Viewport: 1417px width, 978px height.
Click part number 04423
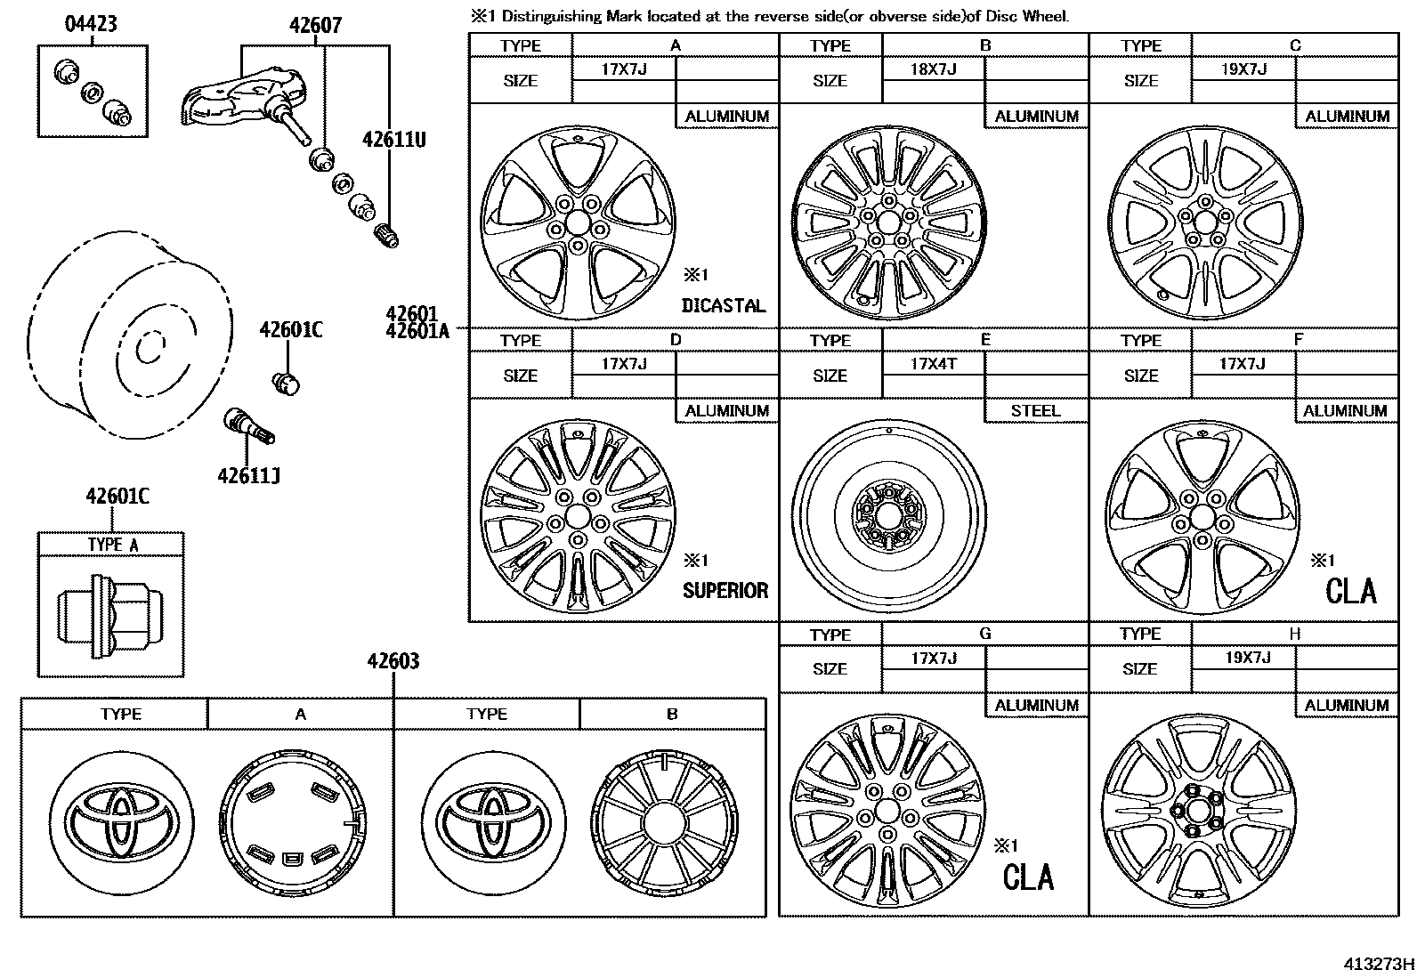pyautogui.click(x=91, y=23)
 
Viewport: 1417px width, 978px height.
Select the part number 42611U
pyautogui.click(x=393, y=139)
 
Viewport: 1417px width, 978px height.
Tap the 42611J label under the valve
pyautogui.click(x=248, y=476)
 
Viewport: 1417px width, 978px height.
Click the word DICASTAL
pyautogui.click(x=723, y=305)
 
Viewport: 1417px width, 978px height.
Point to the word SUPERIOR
pyautogui.click(x=725, y=590)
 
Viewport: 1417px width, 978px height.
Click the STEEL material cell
pyautogui.click(x=1035, y=410)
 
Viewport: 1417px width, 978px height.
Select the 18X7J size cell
pyautogui.click(x=933, y=69)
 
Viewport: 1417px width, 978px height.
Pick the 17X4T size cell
pyautogui.click(x=933, y=363)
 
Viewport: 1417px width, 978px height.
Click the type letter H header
pyautogui.click(x=1294, y=634)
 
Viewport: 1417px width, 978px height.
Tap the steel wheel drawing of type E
pyautogui.click(x=889, y=515)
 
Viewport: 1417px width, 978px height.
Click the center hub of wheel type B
pyautogui.click(x=887, y=221)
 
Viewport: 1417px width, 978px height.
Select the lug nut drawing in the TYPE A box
pyautogui.click(x=109, y=612)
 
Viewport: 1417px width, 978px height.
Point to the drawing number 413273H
pyautogui.click(x=1379, y=963)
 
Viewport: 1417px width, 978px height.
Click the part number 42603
pyautogui.click(x=393, y=661)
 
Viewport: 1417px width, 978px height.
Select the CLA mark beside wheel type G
pyautogui.click(x=1028, y=877)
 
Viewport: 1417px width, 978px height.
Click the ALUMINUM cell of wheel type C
pyautogui.click(x=1347, y=116)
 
